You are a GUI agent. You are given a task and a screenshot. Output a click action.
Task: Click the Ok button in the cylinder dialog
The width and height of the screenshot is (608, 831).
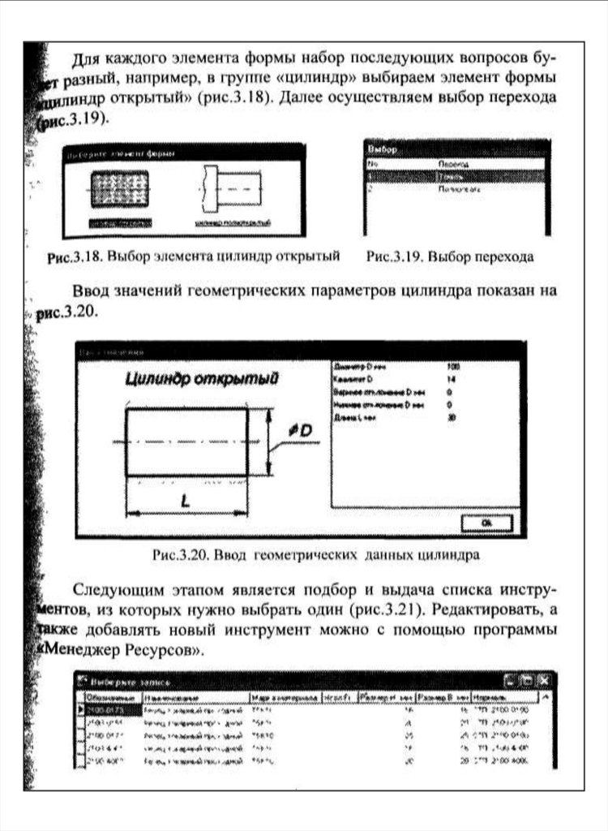(486, 523)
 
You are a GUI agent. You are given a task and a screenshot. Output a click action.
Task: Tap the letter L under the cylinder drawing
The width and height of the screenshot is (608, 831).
(186, 500)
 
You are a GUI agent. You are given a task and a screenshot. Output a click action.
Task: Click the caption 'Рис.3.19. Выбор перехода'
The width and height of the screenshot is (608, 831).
(450, 257)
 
